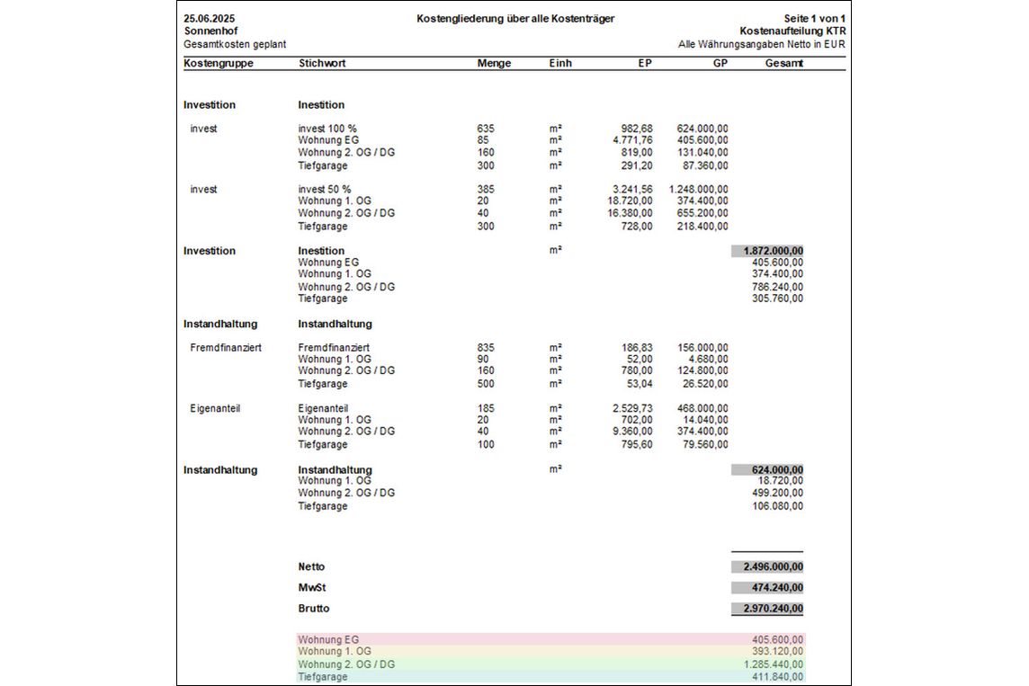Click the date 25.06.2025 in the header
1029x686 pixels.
coord(202,18)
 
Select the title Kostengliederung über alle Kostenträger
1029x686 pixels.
coord(515,18)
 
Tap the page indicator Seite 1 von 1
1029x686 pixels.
coord(815,18)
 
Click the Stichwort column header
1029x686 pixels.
coord(322,64)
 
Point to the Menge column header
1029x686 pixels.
coord(494,64)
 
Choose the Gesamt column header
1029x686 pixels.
coord(783,64)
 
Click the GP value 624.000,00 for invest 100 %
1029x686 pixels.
coord(702,129)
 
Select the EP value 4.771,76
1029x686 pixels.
coord(631,140)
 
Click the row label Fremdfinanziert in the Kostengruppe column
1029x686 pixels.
coord(226,347)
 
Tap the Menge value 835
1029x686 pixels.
coord(486,347)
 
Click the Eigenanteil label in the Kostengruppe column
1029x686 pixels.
coord(215,408)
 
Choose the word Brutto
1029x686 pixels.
coord(314,609)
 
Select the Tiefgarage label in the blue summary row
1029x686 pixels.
coord(322,676)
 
